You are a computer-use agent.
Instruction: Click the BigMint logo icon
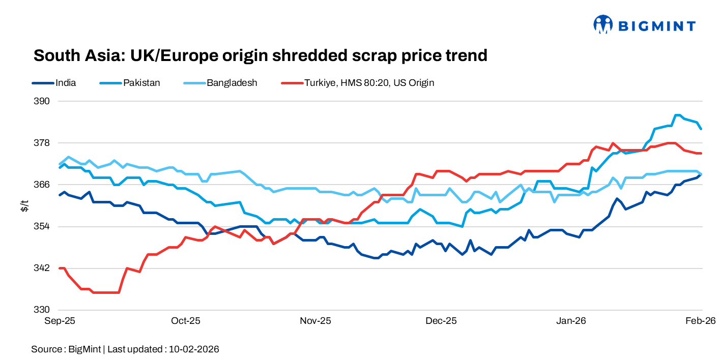(x=603, y=24)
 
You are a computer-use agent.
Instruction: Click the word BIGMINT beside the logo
(x=656, y=25)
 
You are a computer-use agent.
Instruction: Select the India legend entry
(x=66, y=82)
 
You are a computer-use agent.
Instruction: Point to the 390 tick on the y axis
(x=43, y=101)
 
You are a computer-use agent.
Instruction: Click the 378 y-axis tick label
(x=43, y=143)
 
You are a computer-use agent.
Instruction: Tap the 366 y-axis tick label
(x=43, y=185)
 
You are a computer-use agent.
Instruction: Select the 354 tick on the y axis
(x=43, y=226)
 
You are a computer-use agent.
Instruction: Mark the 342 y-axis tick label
(x=43, y=268)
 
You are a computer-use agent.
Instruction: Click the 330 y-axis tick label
(x=43, y=310)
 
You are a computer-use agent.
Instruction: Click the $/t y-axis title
(x=24, y=206)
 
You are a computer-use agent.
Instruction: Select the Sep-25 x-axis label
(x=60, y=321)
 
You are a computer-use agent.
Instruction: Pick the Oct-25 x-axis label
(x=186, y=321)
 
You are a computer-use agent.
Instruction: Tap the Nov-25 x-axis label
(x=315, y=321)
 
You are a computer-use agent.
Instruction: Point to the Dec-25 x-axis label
(x=441, y=321)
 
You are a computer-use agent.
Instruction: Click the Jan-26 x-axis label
(x=571, y=321)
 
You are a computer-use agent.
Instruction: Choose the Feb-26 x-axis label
(x=700, y=321)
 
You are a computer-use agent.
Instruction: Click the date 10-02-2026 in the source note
(x=194, y=349)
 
